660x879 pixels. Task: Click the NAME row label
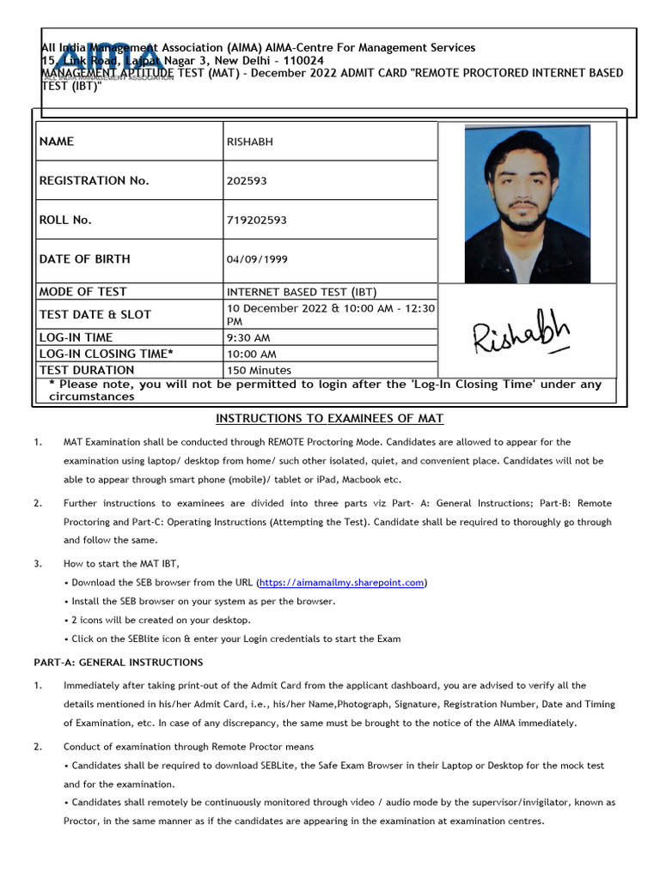click(x=57, y=142)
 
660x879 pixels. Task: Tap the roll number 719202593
click(x=256, y=221)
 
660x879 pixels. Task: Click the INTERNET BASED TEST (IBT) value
click(x=302, y=292)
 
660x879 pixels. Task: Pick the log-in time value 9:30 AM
click(x=247, y=338)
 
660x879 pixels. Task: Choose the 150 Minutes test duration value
click(x=259, y=370)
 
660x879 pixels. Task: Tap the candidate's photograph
click(x=527, y=203)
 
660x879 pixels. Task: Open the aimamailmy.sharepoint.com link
click(x=342, y=582)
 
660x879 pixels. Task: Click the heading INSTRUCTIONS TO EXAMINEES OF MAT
click(x=329, y=418)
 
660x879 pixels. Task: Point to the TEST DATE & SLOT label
click(x=95, y=315)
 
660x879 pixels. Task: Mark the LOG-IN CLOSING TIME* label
click(x=106, y=354)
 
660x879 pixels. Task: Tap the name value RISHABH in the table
click(x=249, y=142)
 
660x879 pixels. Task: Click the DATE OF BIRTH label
click(x=84, y=259)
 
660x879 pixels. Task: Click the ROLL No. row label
click(x=65, y=221)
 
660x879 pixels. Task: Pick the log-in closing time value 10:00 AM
click(x=251, y=354)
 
